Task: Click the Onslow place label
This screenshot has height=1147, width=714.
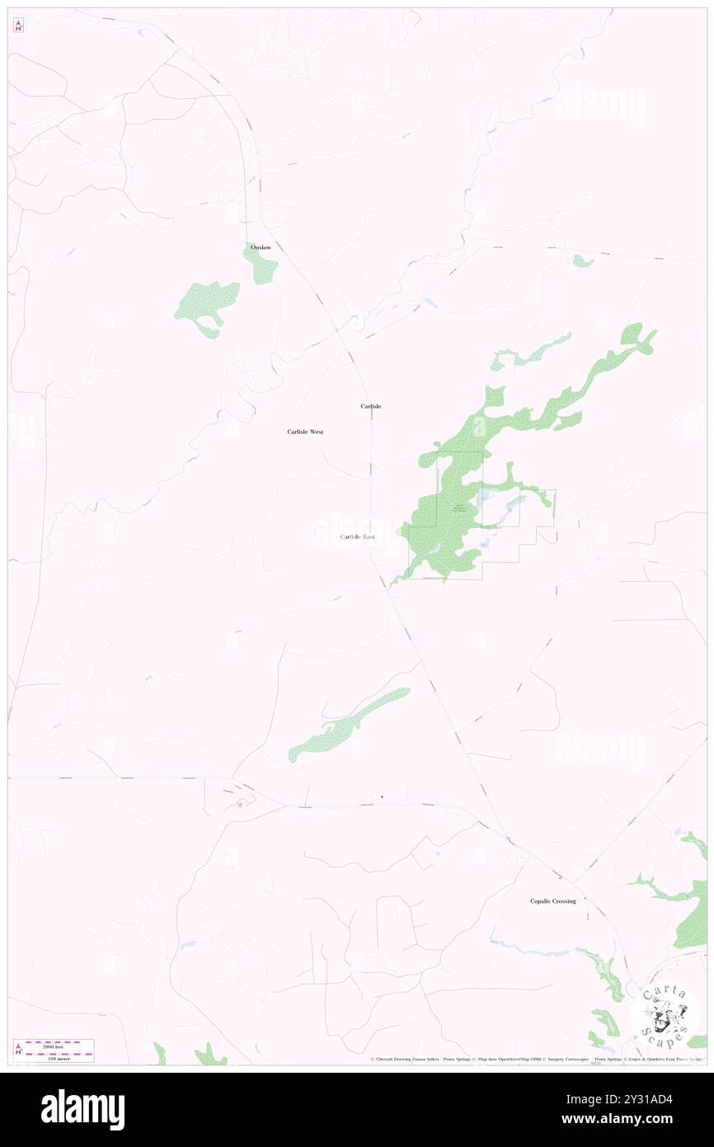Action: point(261,248)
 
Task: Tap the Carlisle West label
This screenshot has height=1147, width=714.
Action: point(305,432)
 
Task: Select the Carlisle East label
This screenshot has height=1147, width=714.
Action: point(357,537)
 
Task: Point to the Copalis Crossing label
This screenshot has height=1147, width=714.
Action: point(552,901)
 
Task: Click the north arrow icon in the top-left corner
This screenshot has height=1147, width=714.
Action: point(18,26)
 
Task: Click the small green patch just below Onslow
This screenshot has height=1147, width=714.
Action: point(262,266)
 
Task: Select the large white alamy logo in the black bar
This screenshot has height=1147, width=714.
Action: point(82,1109)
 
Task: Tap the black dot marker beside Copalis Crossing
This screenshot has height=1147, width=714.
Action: point(585,899)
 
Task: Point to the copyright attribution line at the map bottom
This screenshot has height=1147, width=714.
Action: point(536,1059)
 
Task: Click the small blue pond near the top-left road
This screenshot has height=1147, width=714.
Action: point(142,33)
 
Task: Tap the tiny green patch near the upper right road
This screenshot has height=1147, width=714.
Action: point(583,262)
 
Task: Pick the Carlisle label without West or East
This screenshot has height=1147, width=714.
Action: point(370,406)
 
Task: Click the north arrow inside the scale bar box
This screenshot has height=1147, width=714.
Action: point(18,1050)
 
